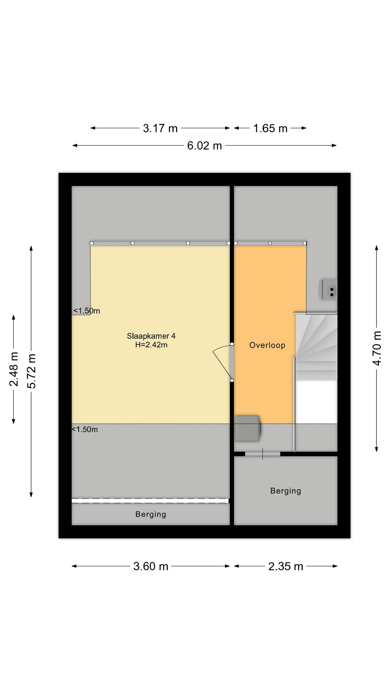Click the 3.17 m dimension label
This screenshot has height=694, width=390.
[160, 128]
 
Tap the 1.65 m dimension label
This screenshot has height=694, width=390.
[270, 128]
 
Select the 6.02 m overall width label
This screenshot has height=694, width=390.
[204, 146]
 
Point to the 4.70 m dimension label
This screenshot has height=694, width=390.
[377, 348]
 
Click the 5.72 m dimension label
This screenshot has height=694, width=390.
[31, 371]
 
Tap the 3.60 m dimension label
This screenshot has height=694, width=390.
[151, 566]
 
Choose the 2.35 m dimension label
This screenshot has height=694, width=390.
[286, 566]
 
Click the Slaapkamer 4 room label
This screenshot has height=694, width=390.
[151, 336]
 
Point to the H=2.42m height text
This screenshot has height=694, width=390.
[151, 345]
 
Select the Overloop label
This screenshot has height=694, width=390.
[267, 345]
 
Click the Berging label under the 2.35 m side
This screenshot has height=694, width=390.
[286, 491]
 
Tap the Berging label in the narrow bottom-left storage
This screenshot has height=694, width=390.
[151, 514]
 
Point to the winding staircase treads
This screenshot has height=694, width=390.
[316, 347]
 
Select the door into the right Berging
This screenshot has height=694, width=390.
[262, 454]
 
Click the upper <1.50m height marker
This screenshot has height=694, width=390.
[86, 311]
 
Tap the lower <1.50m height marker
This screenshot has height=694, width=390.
[85, 429]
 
